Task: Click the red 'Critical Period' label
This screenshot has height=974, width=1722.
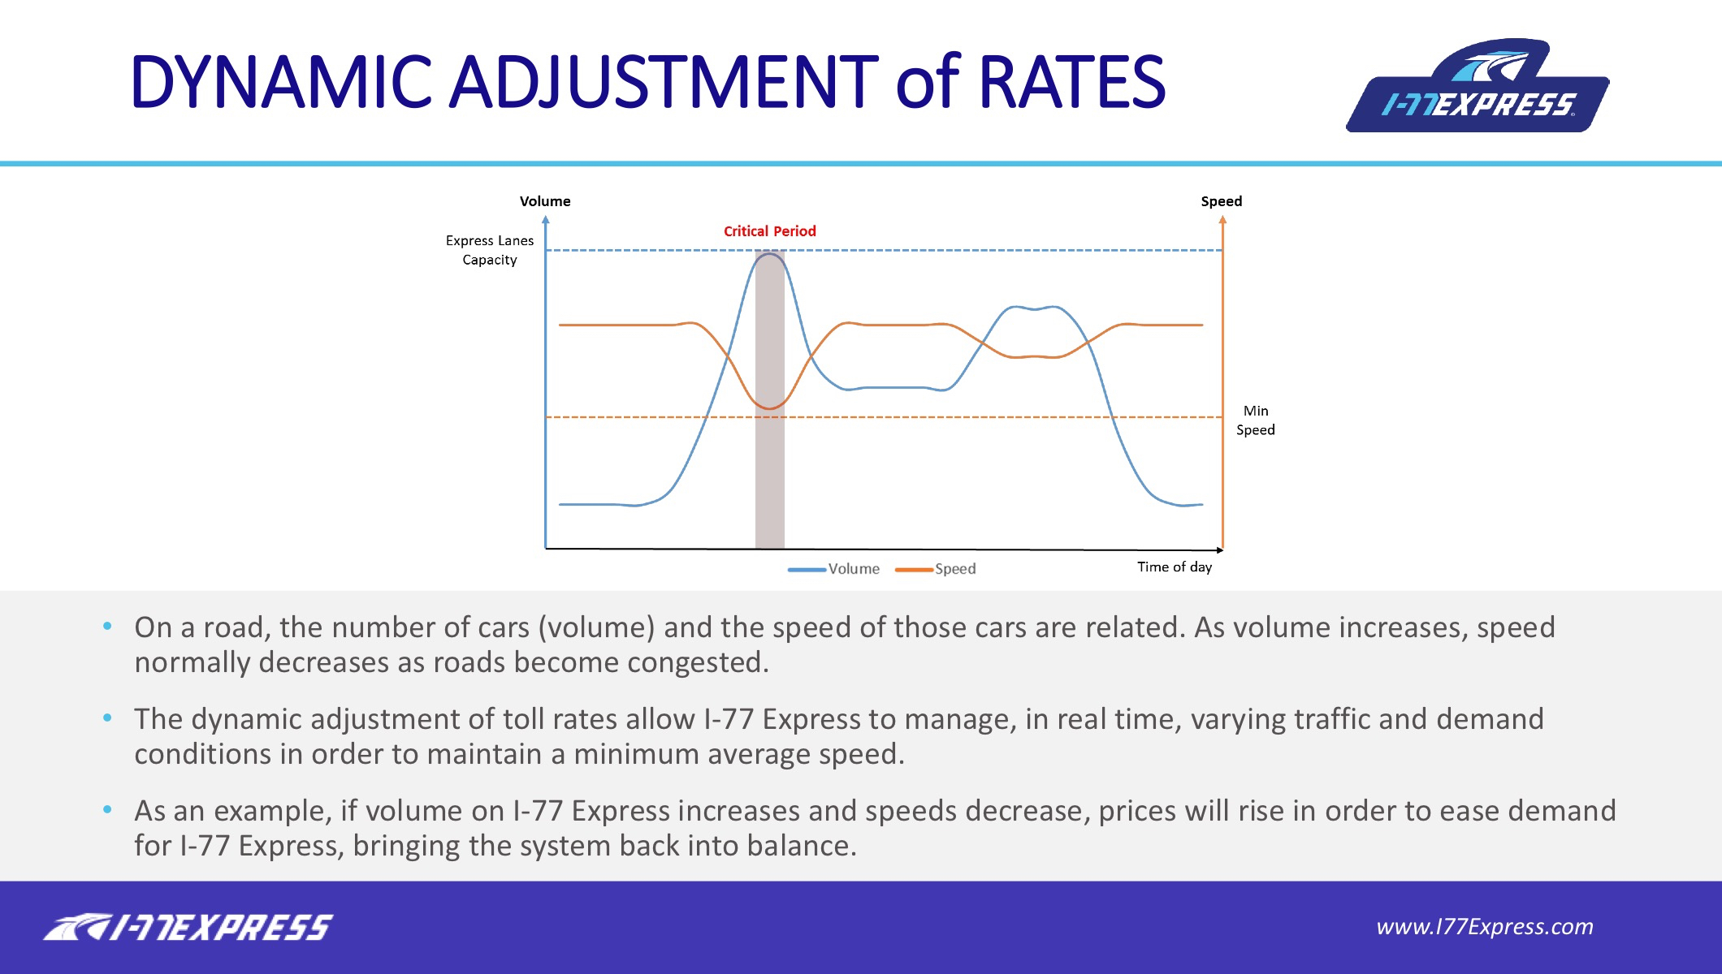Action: pyautogui.click(x=769, y=231)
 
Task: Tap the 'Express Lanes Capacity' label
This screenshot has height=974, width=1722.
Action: pyautogui.click(x=490, y=250)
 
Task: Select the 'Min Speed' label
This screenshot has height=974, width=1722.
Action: pyautogui.click(x=1256, y=420)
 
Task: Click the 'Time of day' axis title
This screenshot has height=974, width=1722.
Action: pyautogui.click(x=1175, y=567)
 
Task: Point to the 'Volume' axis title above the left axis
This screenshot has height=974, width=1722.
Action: pyautogui.click(x=545, y=201)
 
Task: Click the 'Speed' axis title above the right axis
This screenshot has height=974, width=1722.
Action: pyautogui.click(x=1222, y=201)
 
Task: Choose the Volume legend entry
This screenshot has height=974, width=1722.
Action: pyautogui.click(x=833, y=569)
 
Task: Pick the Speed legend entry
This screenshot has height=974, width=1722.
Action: pyautogui.click(x=935, y=569)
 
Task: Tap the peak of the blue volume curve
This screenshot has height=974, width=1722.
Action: pyautogui.click(x=770, y=254)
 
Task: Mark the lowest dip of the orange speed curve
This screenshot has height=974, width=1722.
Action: pyautogui.click(x=769, y=407)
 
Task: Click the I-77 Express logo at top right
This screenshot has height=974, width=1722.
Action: pyautogui.click(x=1478, y=86)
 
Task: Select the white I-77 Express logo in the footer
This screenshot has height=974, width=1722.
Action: pyautogui.click(x=188, y=928)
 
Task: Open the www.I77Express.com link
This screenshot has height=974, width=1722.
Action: pyautogui.click(x=1485, y=927)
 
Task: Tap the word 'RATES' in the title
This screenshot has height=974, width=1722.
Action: pyautogui.click(x=1072, y=82)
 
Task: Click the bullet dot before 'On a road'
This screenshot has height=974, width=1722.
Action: pyautogui.click(x=107, y=627)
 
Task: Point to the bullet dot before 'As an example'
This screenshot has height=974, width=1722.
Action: pyautogui.click(x=107, y=810)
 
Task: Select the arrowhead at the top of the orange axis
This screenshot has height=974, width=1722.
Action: pyautogui.click(x=1222, y=219)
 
